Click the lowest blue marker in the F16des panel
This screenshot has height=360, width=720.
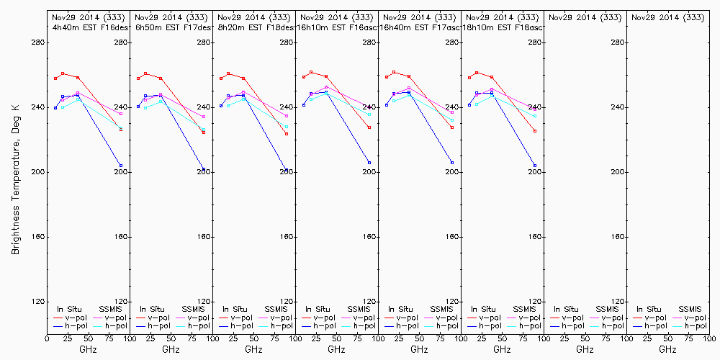(121, 166)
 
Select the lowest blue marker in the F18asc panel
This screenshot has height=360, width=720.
(535, 166)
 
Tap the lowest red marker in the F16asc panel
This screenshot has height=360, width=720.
(369, 127)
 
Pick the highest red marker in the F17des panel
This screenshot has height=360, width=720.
(145, 73)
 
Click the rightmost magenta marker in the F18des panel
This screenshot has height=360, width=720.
(287, 116)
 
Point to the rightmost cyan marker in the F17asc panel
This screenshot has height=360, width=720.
(452, 120)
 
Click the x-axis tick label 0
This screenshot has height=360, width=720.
(47, 337)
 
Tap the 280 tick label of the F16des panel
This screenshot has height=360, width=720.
(123, 42)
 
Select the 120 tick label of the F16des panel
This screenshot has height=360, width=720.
(123, 302)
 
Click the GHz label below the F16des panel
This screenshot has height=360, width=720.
(88, 349)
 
